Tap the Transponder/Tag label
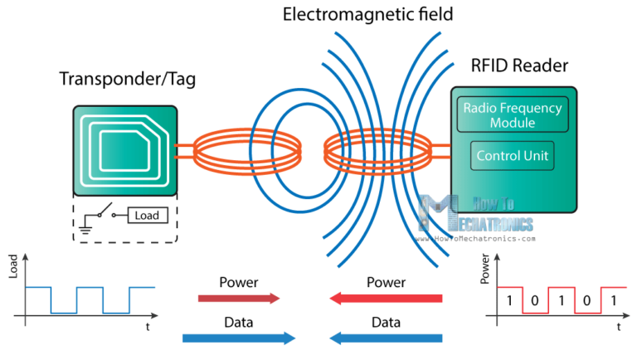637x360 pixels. pyautogui.click(x=122, y=80)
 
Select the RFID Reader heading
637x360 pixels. pyautogui.click(x=520, y=66)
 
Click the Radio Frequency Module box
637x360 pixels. pyautogui.click(x=512, y=115)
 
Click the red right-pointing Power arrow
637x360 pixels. pyautogui.click(x=239, y=298)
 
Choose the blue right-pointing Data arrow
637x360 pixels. pyautogui.click(x=239, y=338)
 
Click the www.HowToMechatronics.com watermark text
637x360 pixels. pyautogui.click(x=484, y=237)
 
